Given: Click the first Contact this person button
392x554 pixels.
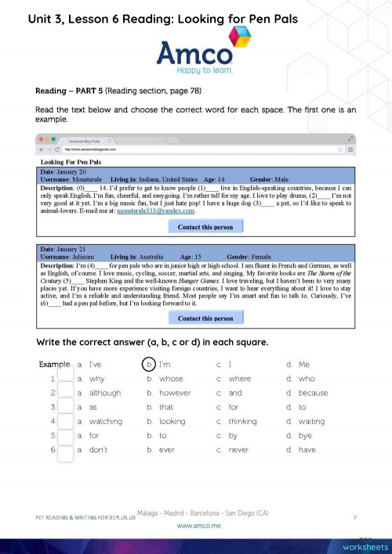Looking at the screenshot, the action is [205, 226].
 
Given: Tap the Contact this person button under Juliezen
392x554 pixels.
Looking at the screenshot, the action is [205, 318].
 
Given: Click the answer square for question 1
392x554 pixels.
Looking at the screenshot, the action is [65, 379].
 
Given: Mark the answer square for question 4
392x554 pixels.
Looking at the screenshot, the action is [65, 421].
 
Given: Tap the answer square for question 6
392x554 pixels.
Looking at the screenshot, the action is [65, 449].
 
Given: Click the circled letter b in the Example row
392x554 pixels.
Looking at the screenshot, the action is [149, 365].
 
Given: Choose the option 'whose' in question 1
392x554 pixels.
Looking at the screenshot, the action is [170, 379].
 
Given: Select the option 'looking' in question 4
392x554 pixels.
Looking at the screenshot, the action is [173, 421].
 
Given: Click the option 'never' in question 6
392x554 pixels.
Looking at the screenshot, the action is [237, 450].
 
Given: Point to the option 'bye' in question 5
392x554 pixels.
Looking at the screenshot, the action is [305, 435].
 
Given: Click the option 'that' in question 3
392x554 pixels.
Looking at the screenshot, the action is [165, 407].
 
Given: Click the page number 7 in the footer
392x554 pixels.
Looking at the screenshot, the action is [355, 518].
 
